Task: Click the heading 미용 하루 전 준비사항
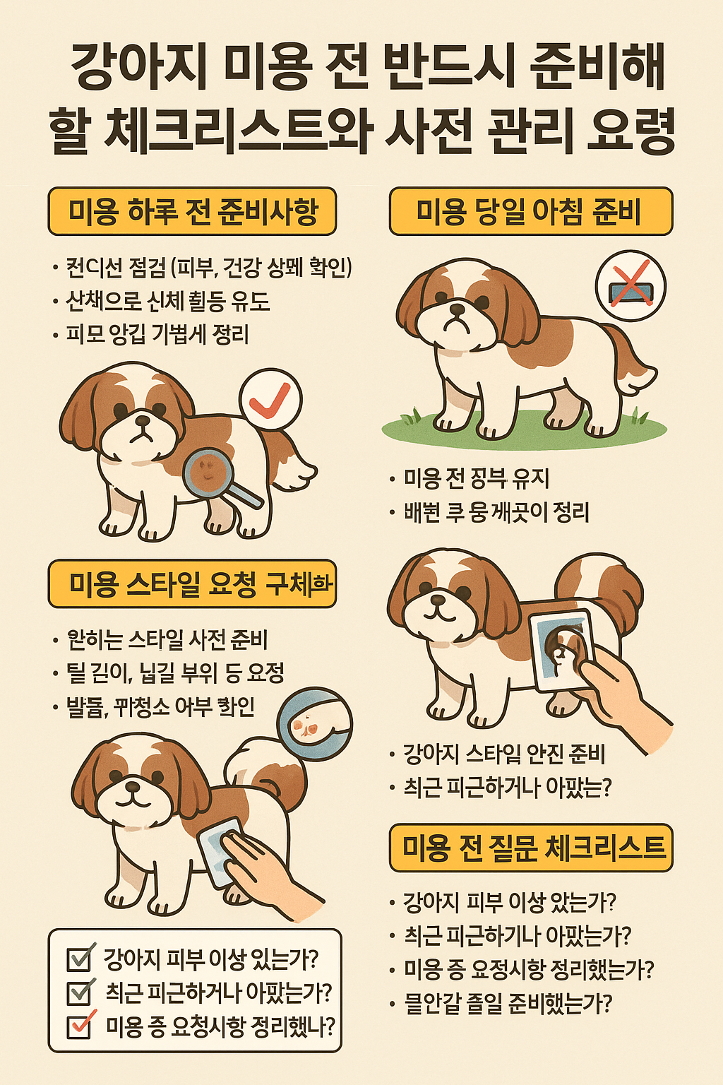coord(192,211)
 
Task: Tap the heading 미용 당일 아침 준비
coord(530,211)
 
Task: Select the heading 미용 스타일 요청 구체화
coord(192,584)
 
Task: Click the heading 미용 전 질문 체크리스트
coord(531,848)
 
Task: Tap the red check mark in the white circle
coord(270,400)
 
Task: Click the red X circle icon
coord(631,286)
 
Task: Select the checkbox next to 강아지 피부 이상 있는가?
coord(79,959)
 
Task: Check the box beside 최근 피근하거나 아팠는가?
coord(79,992)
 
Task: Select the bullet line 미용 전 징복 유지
coord(477,478)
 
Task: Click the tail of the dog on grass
coord(632,364)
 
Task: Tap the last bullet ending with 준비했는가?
coord(508,1003)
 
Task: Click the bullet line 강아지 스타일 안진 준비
coord(503,754)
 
